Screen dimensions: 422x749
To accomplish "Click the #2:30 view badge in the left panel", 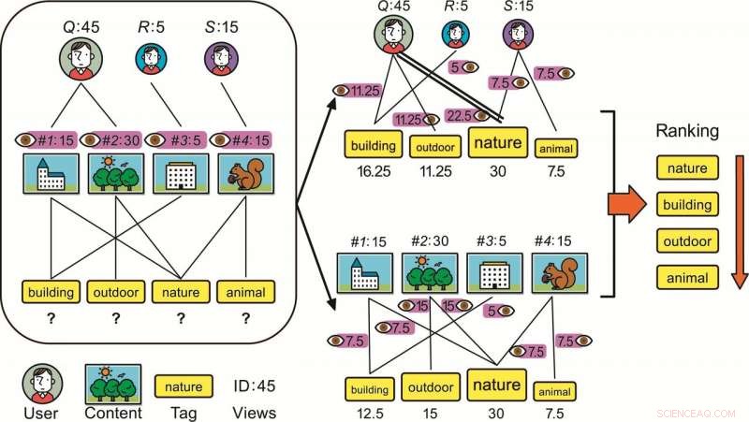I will point(116,138).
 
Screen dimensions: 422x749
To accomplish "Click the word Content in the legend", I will point(113,411).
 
